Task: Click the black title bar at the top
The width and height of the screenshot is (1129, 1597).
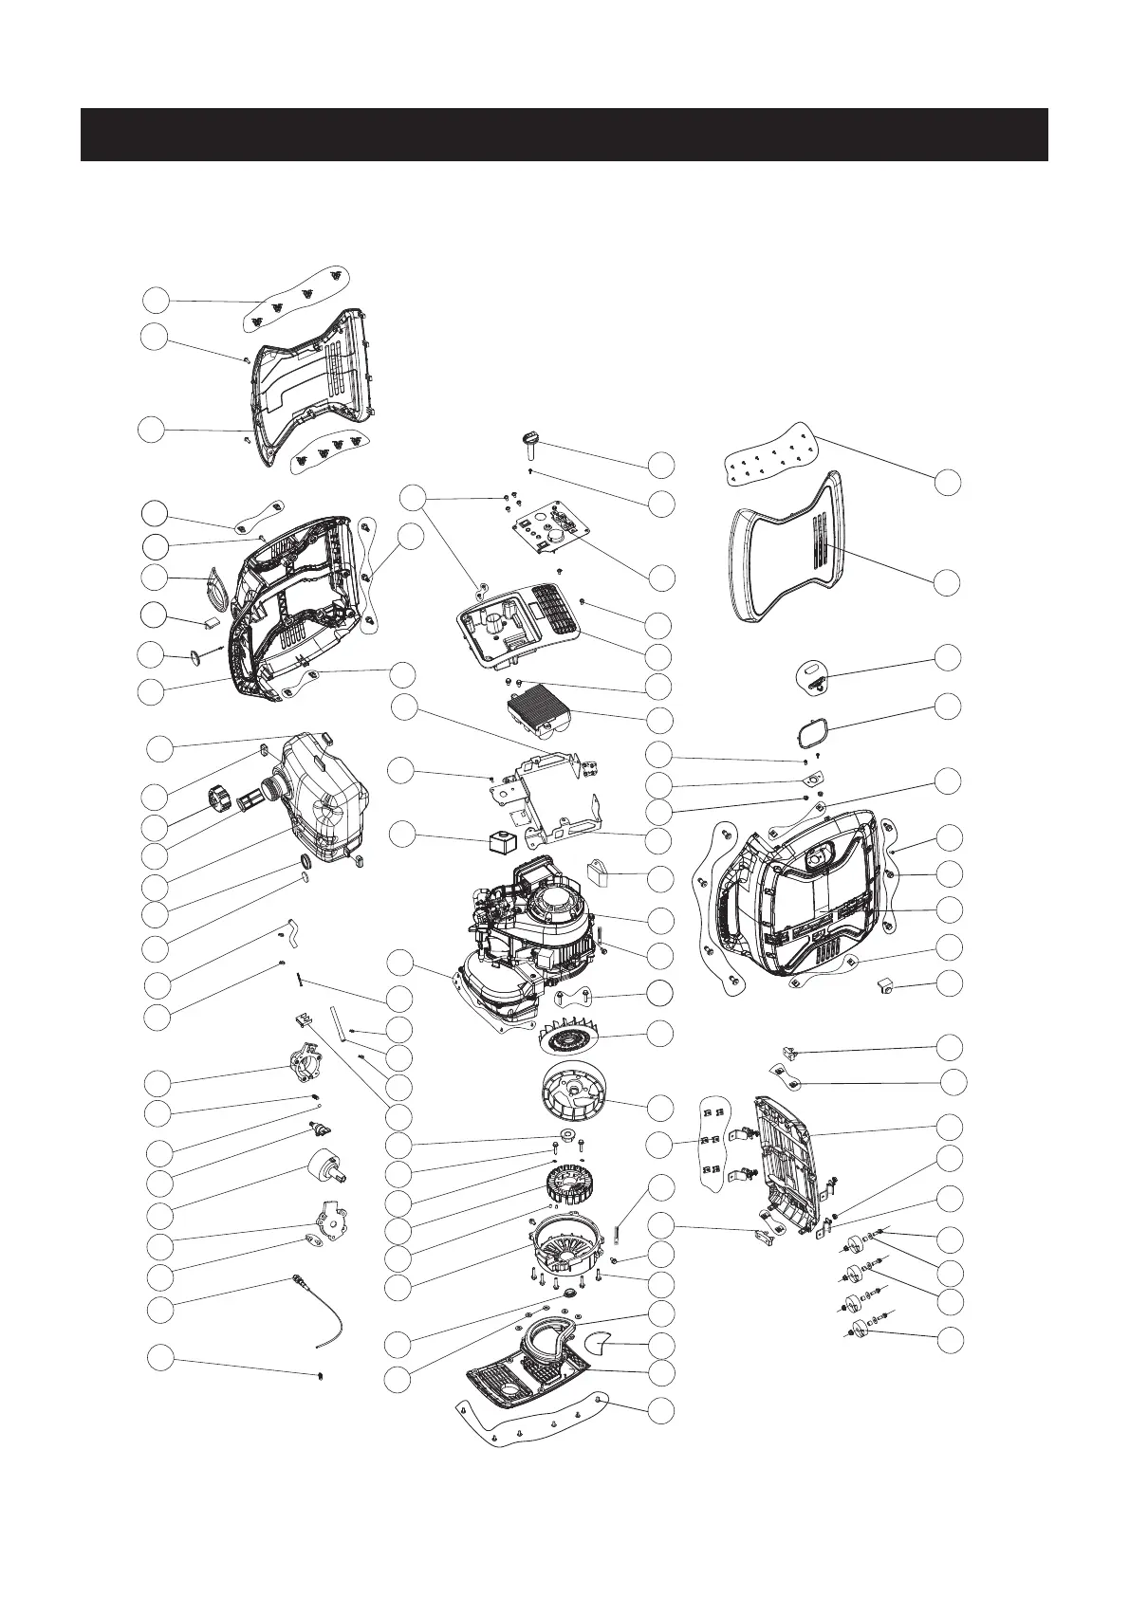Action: pos(564,135)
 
